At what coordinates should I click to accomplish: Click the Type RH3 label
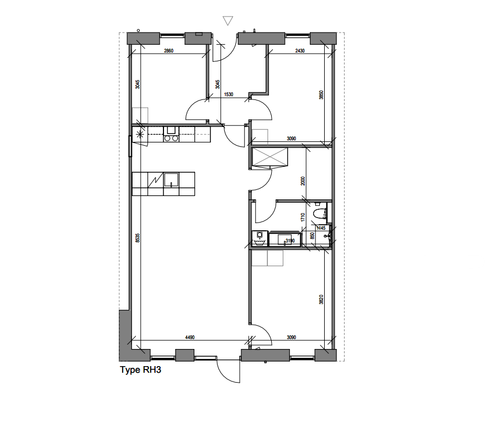(140, 370)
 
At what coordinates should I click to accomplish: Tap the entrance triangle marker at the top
(228, 21)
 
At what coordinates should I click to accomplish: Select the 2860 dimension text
(169, 51)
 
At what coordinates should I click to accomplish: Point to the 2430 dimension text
(300, 51)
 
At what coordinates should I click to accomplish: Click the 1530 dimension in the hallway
(228, 94)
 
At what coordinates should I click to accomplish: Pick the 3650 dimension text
(321, 95)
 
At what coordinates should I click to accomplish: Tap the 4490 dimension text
(189, 337)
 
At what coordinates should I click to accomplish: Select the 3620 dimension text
(321, 300)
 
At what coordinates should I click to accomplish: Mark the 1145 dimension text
(321, 228)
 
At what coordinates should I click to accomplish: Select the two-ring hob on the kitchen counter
(171, 139)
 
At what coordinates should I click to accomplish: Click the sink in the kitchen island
(172, 180)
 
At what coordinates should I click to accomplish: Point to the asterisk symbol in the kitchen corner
(140, 134)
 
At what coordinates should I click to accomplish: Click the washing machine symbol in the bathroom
(259, 237)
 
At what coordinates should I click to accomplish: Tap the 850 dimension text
(313, 236)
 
